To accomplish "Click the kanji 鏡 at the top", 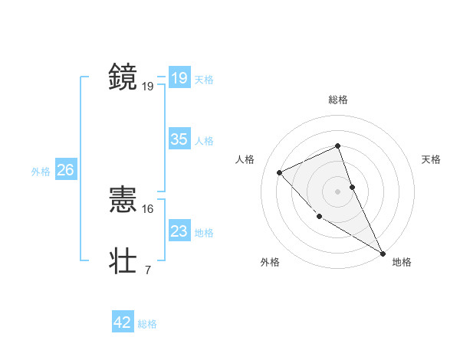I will click(123, 77).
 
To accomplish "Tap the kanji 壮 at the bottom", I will click(123, 260).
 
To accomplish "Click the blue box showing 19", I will click(179, 78).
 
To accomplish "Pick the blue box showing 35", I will click(179, 139).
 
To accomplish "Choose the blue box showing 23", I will click(179, 231).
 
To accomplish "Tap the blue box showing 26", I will click(65, 170).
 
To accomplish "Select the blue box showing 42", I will click(123, 323).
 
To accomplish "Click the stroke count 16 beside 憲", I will click(148, 208).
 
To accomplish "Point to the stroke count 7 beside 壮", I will click(147, 270).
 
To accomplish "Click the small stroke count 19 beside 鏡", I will click(148, 86).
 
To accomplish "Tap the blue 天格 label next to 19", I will click(204, 79).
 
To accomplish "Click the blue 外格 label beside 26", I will click(41, 172).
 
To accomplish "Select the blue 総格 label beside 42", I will click(147, 324).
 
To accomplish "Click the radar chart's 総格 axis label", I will click(338, 100).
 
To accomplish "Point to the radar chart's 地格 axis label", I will click(402, 262).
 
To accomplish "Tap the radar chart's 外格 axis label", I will click(270, 262).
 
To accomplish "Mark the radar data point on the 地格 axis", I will click(383, 253).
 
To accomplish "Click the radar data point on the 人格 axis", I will click(280, 172).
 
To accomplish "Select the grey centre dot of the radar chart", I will click(338, 191).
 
